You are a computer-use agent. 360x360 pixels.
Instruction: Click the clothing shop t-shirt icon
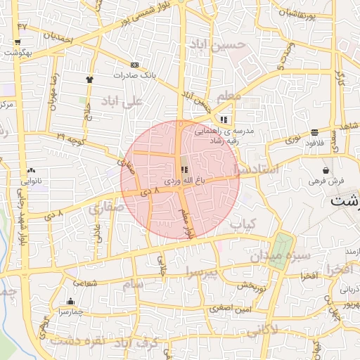(89, 79)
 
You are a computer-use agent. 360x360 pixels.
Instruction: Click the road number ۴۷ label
(22, 25)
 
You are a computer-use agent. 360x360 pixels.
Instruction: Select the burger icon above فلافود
(314, 131)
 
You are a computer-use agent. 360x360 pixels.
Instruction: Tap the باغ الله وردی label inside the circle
(185, 181)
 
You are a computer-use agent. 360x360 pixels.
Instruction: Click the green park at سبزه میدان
(281, 246)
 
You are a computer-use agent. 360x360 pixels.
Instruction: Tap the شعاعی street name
(84, 283)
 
